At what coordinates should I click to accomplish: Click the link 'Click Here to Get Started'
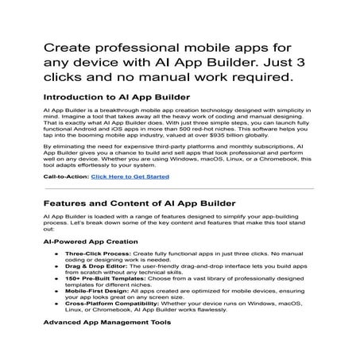130,176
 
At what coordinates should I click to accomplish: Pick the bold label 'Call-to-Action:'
66,176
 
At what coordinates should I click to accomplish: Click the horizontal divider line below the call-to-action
179,188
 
